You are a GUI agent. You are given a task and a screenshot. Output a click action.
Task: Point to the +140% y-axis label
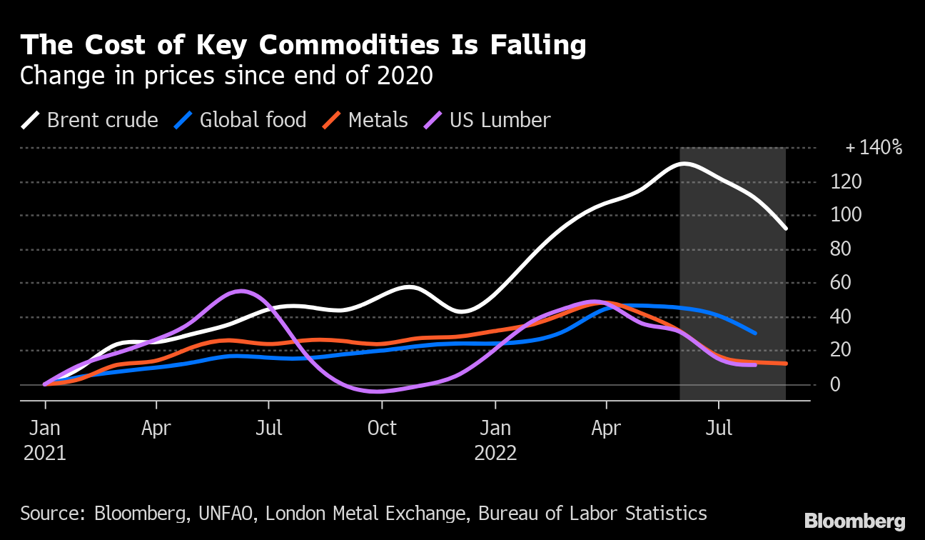(874, 149)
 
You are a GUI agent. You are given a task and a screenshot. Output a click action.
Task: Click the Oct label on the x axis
(382, 429)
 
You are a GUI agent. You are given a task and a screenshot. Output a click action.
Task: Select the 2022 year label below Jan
(495, 454)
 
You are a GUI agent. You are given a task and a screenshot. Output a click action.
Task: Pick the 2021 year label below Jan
(45, 454)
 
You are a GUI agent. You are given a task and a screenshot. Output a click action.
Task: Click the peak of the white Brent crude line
(684, 164)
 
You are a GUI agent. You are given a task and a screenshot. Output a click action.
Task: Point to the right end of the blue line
(755, 333)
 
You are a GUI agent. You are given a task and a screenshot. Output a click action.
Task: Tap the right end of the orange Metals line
(785, 364)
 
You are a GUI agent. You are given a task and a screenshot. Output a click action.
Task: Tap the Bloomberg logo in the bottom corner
(854, 521)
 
